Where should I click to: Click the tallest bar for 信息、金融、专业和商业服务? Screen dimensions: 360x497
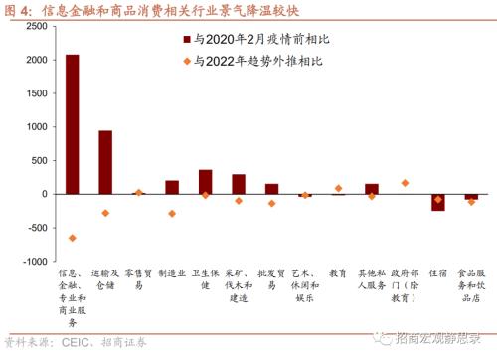(73, 124)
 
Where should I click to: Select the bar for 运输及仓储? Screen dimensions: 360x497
(105, 162)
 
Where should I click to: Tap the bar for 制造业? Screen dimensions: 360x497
(172, 187)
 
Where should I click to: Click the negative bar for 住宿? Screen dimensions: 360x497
(437, 202)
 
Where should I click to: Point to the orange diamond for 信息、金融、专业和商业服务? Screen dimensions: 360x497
(73, 238)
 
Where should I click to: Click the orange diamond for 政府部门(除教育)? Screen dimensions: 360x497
(405, 183)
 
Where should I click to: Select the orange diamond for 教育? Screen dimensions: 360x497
(338, 188)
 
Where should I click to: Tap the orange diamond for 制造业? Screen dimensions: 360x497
(172, 213)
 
